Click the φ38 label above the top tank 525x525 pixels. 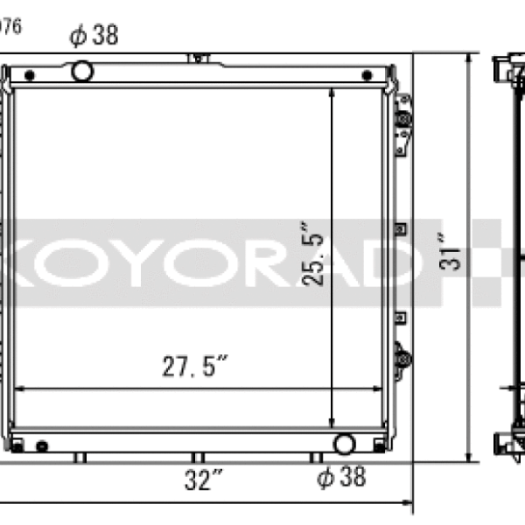click(94, 35)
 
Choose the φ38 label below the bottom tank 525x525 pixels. click(340, 477)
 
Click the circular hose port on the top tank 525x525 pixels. click(83, 70)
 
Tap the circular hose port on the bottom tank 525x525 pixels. click(344, 444)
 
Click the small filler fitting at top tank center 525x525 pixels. click(199, 58)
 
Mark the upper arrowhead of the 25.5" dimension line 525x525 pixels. click(332, 91)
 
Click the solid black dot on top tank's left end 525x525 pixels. click(29, 72)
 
